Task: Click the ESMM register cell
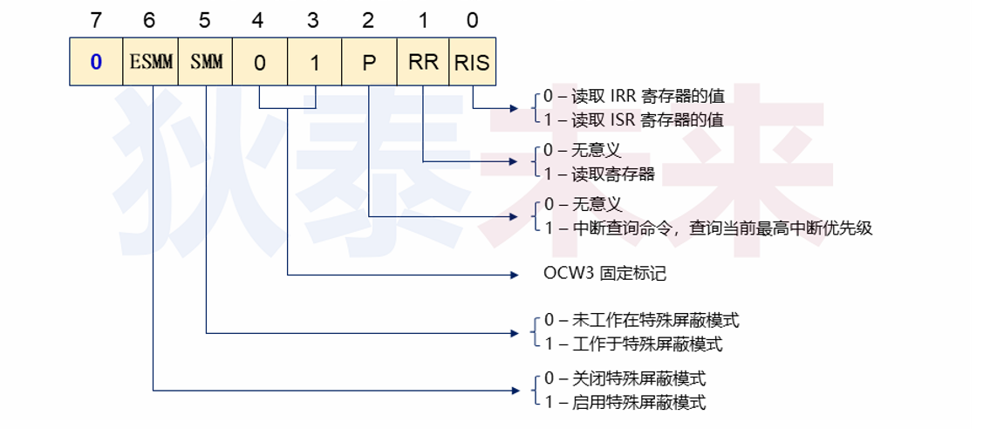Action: coord(151,62)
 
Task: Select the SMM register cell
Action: coord(206,62)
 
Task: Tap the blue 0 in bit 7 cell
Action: coord(96,62)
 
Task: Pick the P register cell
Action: coord(369,62)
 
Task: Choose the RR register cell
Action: coord(423,62)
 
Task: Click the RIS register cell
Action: coord(472,62)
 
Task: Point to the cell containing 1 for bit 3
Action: coord(315,62)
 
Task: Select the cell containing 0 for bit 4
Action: coord(260,62)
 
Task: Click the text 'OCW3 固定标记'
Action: coord(604,274)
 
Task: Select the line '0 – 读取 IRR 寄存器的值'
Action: coord(633,96)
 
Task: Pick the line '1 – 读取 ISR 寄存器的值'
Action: coord(633,119)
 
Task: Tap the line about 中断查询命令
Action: coord(707,228)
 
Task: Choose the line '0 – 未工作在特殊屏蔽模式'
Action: coord(640,320)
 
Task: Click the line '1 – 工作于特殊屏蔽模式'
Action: coord(633,344)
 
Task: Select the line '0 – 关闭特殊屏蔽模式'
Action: coord(625,378)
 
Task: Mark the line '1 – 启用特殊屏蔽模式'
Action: coord(625,402)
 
